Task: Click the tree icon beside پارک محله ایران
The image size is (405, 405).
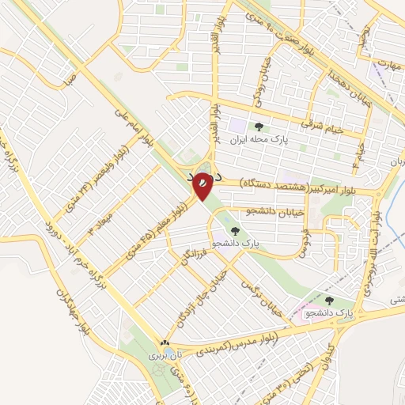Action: click(258, 127)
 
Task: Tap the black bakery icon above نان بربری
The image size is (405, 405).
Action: click(165, 343)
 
